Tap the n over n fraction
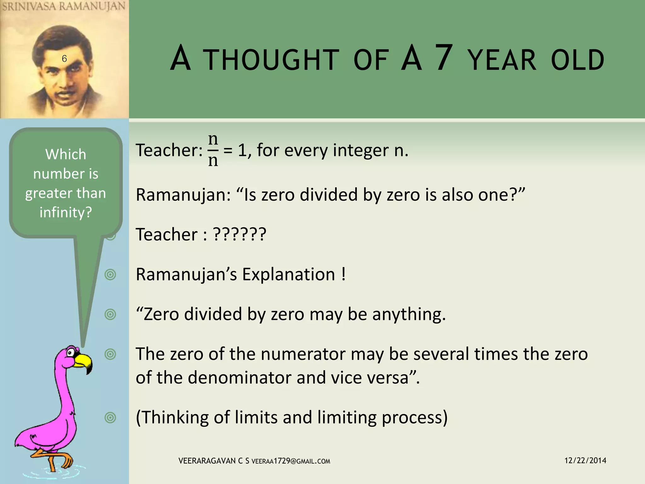click(x=213, y=150)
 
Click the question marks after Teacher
click(x=240, y=234)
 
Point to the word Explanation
click(x=288, y=274)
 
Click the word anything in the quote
click(x=409, y=314)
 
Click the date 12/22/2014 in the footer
click(x=585, y=460)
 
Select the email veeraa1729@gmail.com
click(x=291, y=461)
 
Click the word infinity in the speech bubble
click(x=66, y=212)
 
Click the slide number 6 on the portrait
click(x=64, y=59)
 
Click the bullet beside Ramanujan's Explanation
click(x=110, y=274)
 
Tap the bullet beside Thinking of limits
click(x=110, y=418)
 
